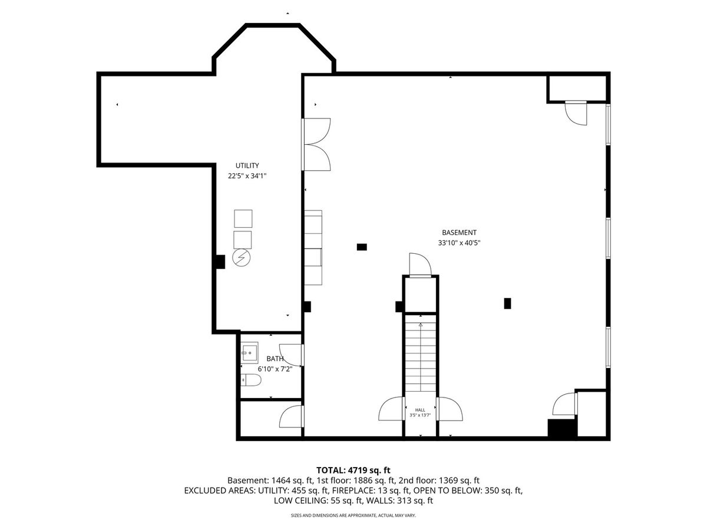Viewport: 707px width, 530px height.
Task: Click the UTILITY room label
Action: coord(247,165)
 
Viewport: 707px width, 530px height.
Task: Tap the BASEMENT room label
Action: coord(459,233)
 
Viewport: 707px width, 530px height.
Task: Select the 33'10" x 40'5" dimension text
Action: coord(459,243)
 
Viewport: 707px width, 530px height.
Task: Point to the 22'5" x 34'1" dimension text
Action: coord(247,176)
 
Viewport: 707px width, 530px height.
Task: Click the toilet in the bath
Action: coord(251,380)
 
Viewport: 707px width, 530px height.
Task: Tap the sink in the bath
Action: coord(250,353)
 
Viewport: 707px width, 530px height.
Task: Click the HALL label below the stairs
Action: coord(420,410)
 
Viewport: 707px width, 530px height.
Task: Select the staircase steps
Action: coord(420,353)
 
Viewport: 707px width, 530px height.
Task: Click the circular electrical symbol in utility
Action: coord(242,258)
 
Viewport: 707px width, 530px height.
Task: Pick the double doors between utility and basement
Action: coord(316,144)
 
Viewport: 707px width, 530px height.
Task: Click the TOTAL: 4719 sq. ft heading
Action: coord(353,470)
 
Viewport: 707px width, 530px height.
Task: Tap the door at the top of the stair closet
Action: coord(420,265)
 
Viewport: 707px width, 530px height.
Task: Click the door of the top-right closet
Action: coord(576,113)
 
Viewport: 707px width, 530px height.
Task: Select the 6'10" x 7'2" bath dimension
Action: coord(275,369)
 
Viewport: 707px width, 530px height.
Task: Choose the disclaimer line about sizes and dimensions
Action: coord(353,515)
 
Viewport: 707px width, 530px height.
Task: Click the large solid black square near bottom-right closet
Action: coord(561,428)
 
